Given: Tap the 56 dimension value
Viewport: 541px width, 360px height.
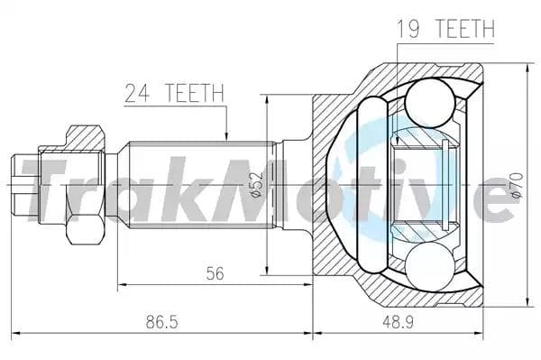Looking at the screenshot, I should pos(213,274).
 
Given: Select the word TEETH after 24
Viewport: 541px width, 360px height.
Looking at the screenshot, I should pos(192,91).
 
